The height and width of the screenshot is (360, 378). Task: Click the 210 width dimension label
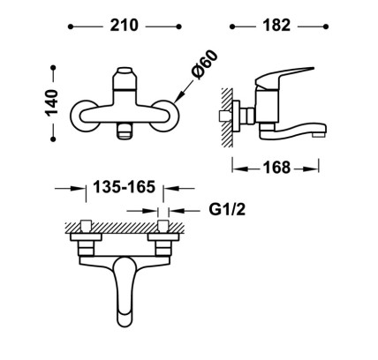pos(124,26)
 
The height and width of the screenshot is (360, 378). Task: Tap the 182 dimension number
pos(276,26)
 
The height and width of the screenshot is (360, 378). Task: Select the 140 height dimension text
pos(51,103)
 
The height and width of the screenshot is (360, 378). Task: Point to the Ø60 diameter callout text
pos(205,64)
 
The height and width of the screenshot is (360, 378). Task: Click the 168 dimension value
pos(276,168)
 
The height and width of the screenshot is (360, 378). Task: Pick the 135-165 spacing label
pos(125,187)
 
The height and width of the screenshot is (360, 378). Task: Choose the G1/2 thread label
pos(227,210)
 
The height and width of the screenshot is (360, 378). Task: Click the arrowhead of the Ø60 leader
pos(179,97)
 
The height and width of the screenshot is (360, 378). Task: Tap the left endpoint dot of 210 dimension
pos(71,26)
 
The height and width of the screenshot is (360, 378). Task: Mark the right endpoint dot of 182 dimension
pos(326,26)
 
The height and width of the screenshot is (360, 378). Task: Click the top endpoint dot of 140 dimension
pos(53,68)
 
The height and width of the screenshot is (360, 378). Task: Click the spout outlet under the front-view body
pos(125,131)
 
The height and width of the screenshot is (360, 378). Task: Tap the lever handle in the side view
pos(282,77)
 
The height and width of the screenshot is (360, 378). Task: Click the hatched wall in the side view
pos(227,117)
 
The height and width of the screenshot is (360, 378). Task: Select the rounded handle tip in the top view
pos(125,318)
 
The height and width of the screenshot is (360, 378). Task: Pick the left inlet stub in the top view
pos(86,226)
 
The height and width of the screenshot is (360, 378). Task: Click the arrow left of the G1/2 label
pos(142,211)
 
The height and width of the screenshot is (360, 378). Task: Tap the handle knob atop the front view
pos(125,78)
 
